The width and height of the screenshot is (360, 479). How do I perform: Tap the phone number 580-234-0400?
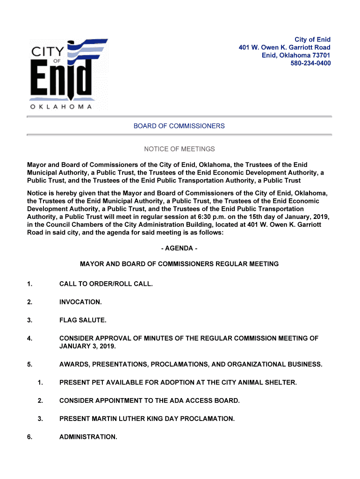click(x=310, y=63)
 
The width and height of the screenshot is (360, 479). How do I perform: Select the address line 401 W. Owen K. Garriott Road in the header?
click(x=284, y=47)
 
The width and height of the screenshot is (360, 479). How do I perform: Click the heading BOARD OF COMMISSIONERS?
click(x=179, y=126)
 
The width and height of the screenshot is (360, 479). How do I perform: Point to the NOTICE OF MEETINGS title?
click(x=179, y=149)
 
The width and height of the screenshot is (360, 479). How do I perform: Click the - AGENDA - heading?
click(x=179, y=248)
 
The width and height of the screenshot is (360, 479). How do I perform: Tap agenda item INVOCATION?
click(x=80, y=302)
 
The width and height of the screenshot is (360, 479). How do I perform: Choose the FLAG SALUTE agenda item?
click(x=83, y=320)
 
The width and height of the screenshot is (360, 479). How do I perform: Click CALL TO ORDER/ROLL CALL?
click(x=106, y=284)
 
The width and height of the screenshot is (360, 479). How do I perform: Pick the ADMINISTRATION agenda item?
click(x=88, y=437)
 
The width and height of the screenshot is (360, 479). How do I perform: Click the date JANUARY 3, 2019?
click(x=87, y=346)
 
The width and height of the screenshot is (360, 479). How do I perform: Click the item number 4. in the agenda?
click(x=29, y=338)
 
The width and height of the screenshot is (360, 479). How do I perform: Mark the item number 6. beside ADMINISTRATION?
click(x=29, y=437)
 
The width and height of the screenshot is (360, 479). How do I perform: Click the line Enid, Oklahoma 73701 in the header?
click(x=295, y=55)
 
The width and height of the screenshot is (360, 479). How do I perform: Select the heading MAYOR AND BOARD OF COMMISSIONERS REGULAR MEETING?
click(x=179, y=264)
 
